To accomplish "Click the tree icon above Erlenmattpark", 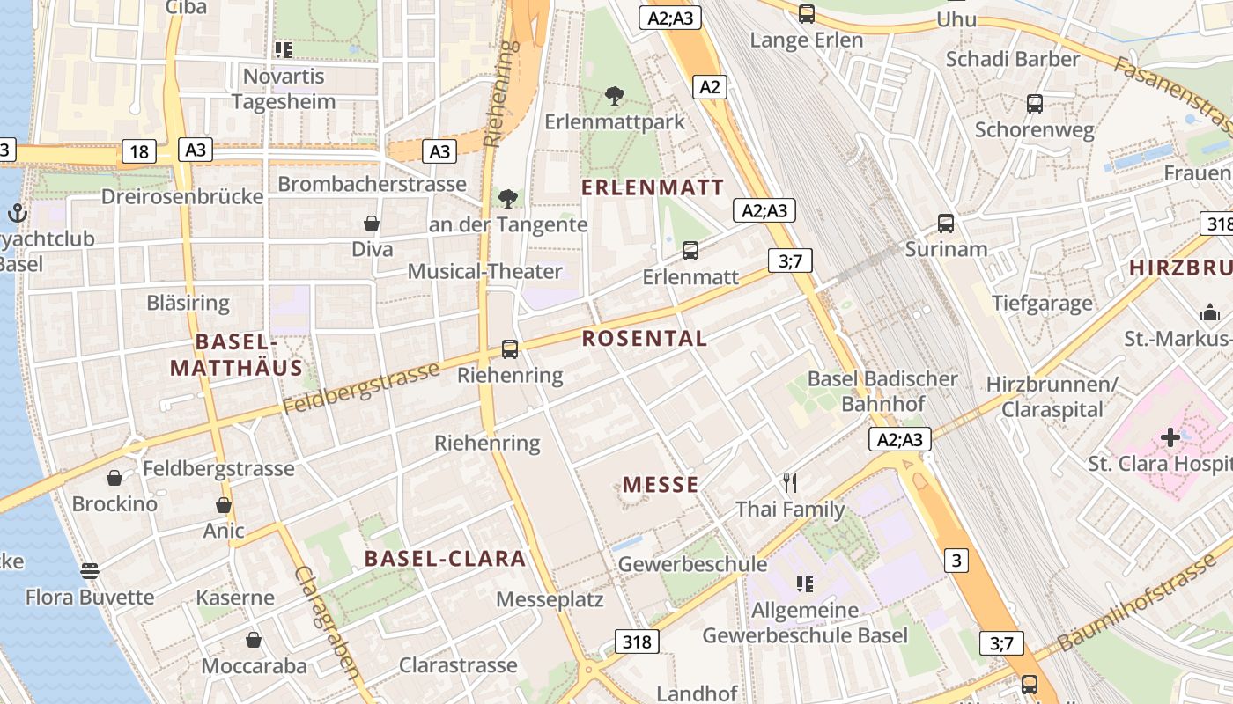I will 615,95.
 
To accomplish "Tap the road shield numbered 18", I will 139,151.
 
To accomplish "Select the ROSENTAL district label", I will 645,339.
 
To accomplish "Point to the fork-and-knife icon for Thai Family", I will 790,482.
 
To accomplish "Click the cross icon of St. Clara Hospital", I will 1170,436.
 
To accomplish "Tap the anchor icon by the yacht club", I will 18,213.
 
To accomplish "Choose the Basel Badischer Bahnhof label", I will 882,392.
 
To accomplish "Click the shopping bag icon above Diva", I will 372,224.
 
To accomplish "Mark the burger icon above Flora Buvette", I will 89,570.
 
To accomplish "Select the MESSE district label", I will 661,485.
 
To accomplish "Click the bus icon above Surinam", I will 946,224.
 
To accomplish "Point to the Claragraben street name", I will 327,621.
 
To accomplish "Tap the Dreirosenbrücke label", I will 182,196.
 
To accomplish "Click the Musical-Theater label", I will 484,271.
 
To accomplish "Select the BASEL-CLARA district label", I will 445,559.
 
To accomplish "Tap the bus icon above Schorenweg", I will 1035,104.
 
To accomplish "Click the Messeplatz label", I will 550,599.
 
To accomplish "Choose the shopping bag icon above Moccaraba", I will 254,640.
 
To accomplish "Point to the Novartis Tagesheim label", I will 284,89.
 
